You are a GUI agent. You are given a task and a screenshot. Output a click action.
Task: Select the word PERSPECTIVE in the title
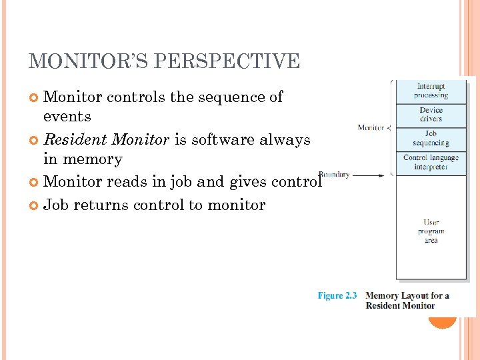point(227,61)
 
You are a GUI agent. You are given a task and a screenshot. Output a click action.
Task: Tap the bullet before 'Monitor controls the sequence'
point(35,98)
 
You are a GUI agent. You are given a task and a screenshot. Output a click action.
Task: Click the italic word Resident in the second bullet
point(75,140)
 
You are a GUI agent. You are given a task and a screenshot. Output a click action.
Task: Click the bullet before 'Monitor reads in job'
point(35,183)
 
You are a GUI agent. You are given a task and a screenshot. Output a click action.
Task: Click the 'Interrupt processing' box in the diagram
point(431,91)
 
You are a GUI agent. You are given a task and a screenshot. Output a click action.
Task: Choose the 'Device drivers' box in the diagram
point(431,115)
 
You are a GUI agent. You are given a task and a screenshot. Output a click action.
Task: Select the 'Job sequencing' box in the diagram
point(431,138)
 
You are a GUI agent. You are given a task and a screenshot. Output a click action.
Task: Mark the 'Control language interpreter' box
point(431,163)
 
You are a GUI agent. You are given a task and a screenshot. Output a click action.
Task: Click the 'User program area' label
point(431,231)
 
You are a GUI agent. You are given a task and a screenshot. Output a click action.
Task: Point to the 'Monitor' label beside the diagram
point(371,127)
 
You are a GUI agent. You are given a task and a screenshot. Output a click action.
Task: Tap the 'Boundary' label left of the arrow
point(335,175)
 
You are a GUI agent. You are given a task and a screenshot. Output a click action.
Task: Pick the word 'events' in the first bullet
point(67,117)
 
